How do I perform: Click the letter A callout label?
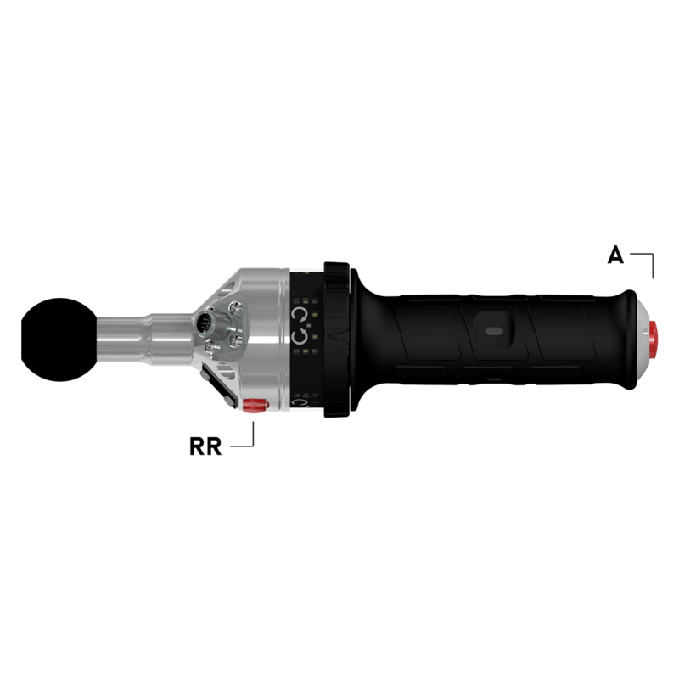[616, 254]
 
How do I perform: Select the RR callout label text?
[205, 446]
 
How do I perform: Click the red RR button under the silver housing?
[253, 405]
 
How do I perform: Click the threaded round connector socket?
[205, 323]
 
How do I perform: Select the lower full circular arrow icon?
[300, 339]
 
